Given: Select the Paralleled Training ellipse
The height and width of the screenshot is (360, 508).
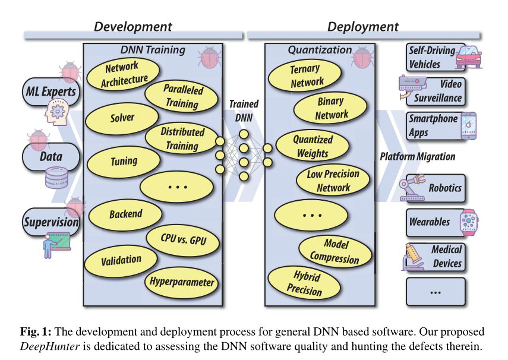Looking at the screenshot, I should pos(182,96).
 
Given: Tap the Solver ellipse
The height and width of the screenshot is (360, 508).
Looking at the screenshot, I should pos(122,118).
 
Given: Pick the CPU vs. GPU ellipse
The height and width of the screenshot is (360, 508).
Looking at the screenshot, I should pos(182,240).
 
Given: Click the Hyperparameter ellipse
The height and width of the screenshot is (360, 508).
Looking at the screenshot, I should pos(182,282).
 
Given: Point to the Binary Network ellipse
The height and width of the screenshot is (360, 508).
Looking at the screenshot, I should pos(331,108).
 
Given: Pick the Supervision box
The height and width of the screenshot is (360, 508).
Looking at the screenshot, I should pos(51,223).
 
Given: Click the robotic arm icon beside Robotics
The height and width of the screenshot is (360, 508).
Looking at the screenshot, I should pos(412,187).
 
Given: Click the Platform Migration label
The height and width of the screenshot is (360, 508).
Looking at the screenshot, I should pos(418,157).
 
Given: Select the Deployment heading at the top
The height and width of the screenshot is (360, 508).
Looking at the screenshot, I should pos(362,27).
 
